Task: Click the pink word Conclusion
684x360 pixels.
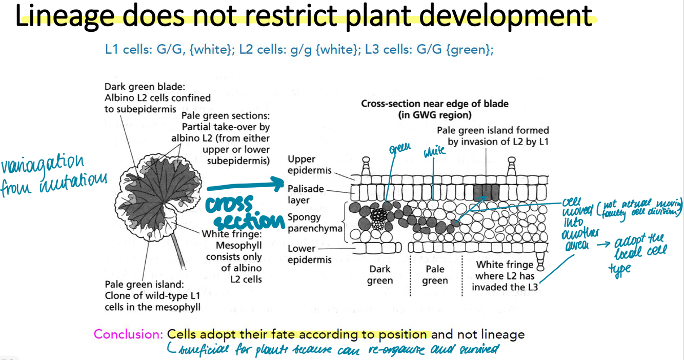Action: pos(128,335)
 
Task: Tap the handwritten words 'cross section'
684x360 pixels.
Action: pos(244,213)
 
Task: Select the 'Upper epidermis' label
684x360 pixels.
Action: pos(309,165)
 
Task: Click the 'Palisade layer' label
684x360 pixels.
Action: pos(306,194)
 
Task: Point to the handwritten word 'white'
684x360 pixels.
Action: pos(434,151)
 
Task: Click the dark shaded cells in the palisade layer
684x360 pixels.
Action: pos(486,193)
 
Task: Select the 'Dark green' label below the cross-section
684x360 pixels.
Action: pos(379,275)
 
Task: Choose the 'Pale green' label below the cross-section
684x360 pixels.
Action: pos(435,275)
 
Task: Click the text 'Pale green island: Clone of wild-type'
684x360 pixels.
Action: pos(152,295)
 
